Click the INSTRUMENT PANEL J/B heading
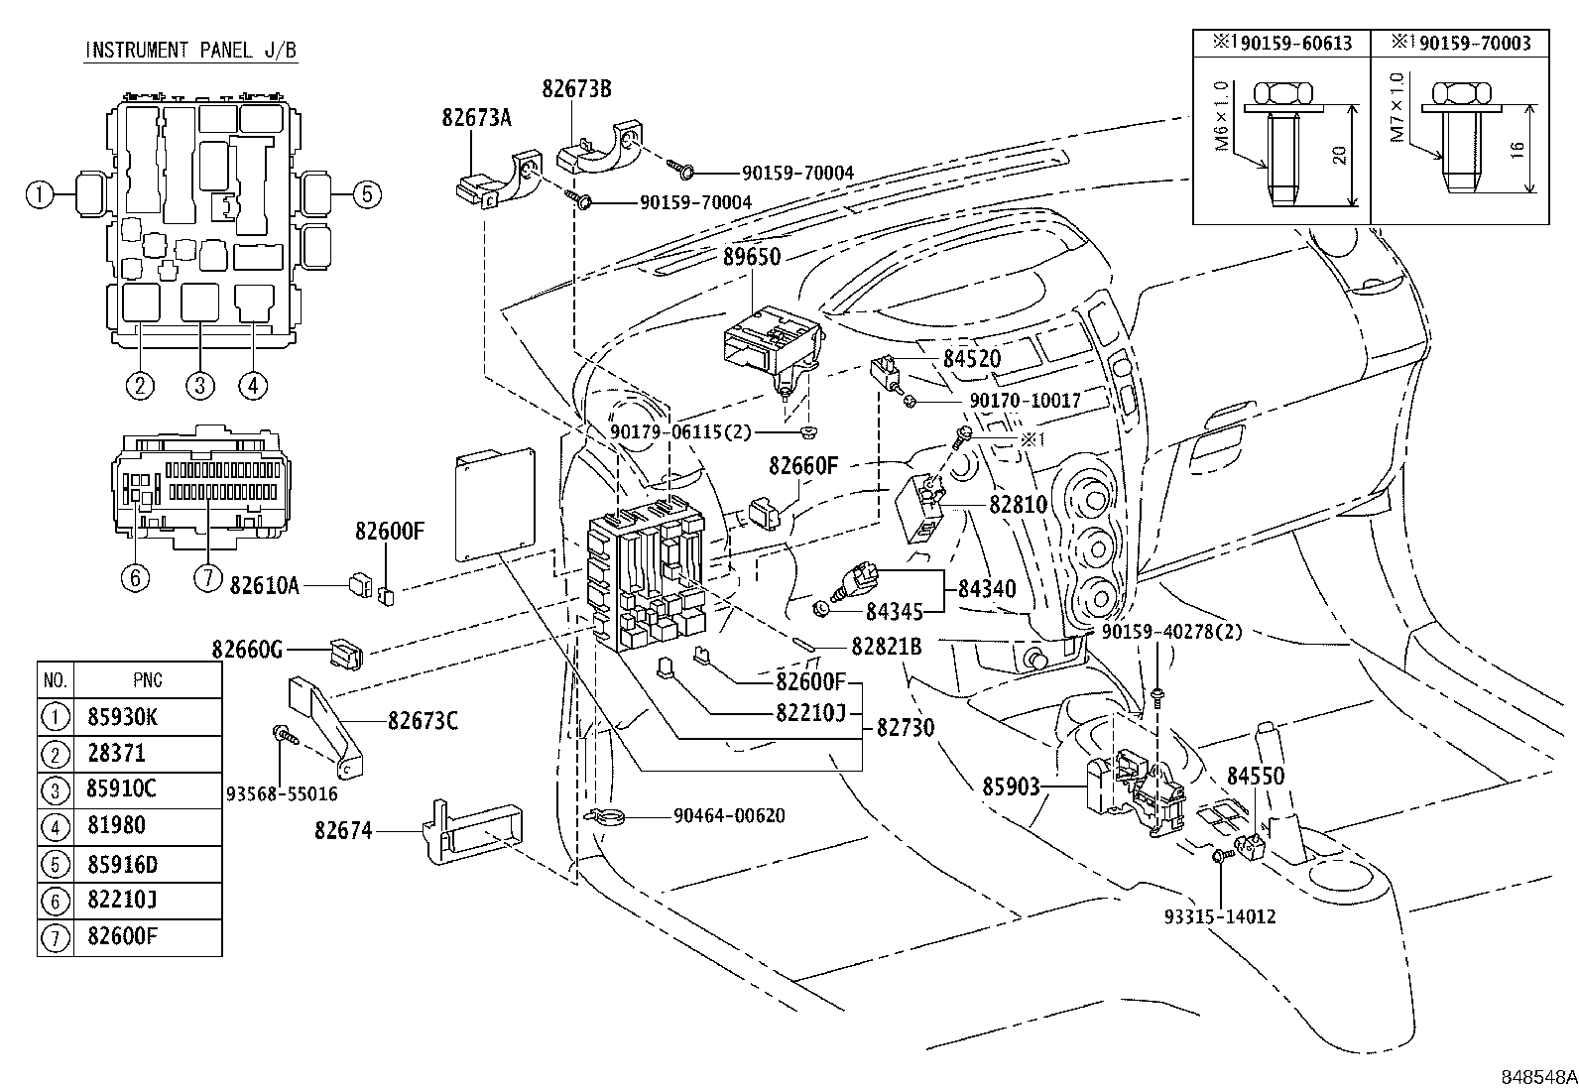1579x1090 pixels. tap(190, 50)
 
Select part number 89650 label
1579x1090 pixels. tap(751, 256)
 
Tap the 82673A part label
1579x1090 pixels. tap(476, 118)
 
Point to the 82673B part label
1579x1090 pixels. tap(576, 88)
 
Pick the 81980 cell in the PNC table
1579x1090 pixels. tap(116, 825)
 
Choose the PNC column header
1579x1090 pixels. tap(147, 680)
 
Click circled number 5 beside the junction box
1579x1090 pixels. tap(366, 194)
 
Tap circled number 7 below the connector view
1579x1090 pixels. tap(207, 577)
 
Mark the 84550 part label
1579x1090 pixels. tap(1255, 776)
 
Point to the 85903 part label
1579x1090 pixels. tap(1011, 787)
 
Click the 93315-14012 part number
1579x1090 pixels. tap(1219, 917)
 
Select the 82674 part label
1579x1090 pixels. tap(343, 831)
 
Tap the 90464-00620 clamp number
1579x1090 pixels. tap(728, 816)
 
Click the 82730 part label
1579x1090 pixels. tap(905, 727)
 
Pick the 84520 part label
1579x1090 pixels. tap(971, 359)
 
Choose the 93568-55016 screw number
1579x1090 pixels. tap(282, 793)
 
